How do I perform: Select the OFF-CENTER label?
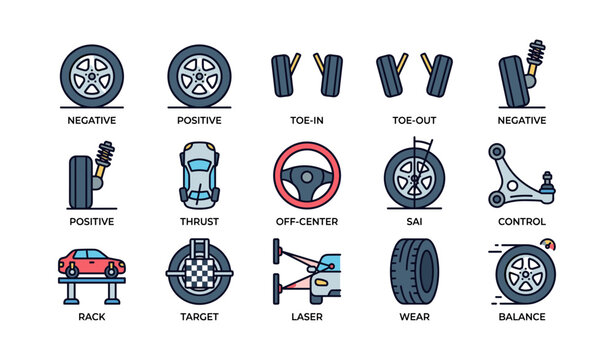pyautogui.click(x=306, y=221)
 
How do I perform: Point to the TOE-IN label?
pyautogui.click(x=306, y=120)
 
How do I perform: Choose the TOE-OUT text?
pyautogui.click(x=414, y=120)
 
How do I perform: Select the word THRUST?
pyautogui.click(x=199, y=221)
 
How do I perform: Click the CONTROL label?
pyautogui.click(x=522, y=221)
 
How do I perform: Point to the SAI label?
pyautogui.click(x=414, y=221)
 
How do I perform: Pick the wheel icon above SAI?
pyautogui.click(x=412, y=176)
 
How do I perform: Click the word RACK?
pyautogui.click(x=91, y=317)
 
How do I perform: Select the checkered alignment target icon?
pyautogui.click(x=199, y=270)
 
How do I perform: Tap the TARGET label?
pyautogui.click(x=199, y=317)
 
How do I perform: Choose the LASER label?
pyautogui.click(x=306, y=317)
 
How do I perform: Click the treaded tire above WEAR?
pyautogui.click(x=414, y=270)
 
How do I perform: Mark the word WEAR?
pyautogui.click(x=414, y=317)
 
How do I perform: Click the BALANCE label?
pyautogui.click(x=522, y=317)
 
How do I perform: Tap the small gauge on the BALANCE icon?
pyautogui.click(x=545, y=244)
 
